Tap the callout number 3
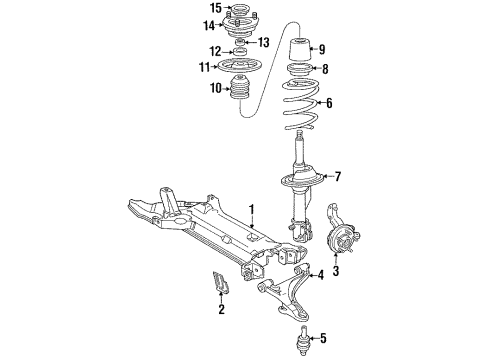coord(336,270)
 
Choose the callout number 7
coord(337,178)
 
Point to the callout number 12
coord(214,51)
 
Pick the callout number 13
coord(264,42)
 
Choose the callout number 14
coord(208,25)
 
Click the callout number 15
coord(214,9)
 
